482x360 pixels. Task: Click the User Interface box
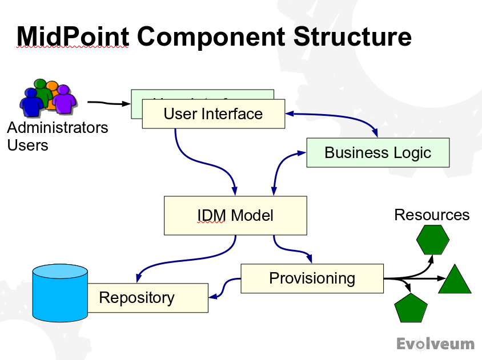[x=213, y=114]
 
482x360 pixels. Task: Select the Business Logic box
[x=377, y=153]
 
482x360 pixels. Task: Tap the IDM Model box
[x=235, y=216]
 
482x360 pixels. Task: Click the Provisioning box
[x=312, y=278]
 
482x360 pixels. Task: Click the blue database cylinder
[x=60, y=292]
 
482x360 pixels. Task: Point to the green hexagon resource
[x=433, y=240]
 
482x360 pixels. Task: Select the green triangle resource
[x=455, y=281]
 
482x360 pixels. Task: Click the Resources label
[x=432, y=215]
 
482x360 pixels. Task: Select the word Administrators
[x=58, y=127]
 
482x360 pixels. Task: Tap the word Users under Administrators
[x=27, y=145]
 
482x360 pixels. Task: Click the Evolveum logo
[x=435, y=343]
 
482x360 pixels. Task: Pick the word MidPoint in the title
[x=73, y=36]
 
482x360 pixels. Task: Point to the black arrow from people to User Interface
[x=109, y=103]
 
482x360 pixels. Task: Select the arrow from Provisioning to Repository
[x=225, y=287]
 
